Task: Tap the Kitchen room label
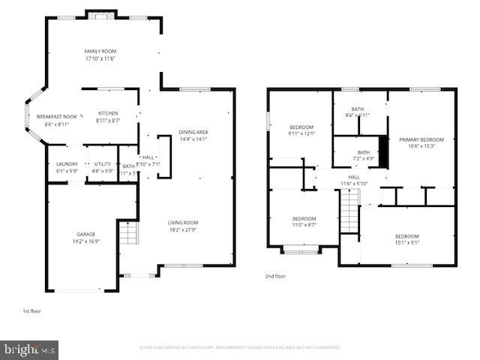coord(108,113)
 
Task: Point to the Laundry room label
coord(67,164)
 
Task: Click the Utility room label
coord(102,164)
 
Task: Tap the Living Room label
coord(182,223)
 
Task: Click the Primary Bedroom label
coord(421,139)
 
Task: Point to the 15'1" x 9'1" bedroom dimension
coord(407,242)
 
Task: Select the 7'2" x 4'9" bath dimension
coord(363,158)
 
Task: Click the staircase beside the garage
coord(129,235)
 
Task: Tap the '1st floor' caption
coord(32,310)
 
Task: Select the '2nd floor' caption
coord(275,276)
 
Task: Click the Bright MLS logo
coord(30,349)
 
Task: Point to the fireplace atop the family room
coord(100,14)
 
